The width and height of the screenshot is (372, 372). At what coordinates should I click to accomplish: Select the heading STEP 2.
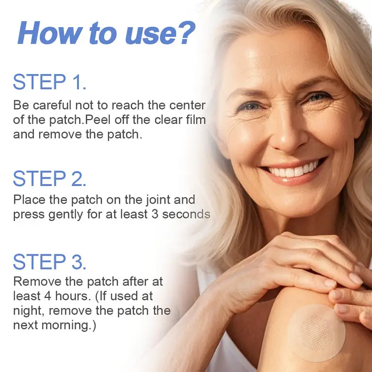point(49,179)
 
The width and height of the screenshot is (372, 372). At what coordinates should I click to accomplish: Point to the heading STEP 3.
point(49,262)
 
